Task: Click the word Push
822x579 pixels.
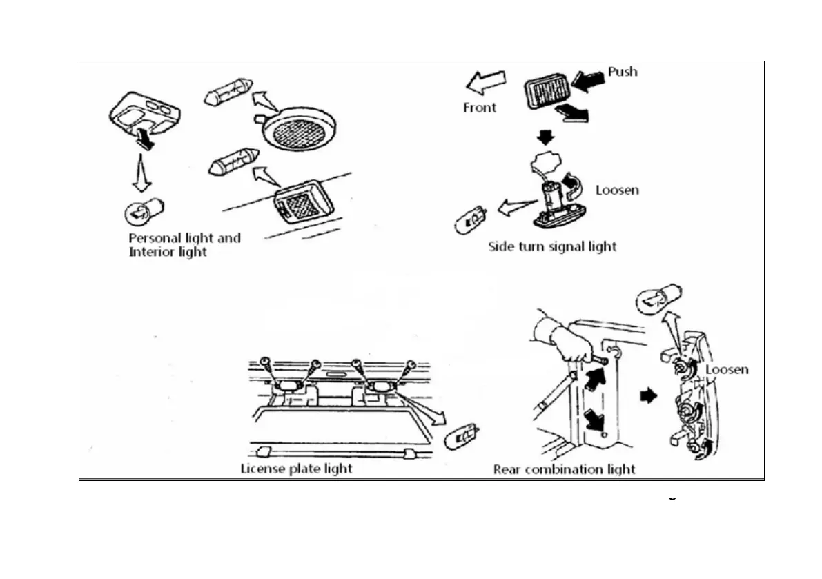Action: coord(623,72)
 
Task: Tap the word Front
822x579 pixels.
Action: coord(479,108)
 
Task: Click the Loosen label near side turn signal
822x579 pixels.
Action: coord(616,190)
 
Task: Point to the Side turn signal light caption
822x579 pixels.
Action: coord(552,246)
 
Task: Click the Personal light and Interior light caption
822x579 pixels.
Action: coord(184,245)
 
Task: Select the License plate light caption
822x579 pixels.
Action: coord(296,469)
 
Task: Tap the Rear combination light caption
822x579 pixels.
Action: coord(564,470)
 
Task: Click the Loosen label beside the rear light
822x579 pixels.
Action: coord(726,370)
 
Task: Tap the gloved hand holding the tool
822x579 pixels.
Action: coord(563,336)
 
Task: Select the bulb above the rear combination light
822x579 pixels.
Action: coord(658,300)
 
